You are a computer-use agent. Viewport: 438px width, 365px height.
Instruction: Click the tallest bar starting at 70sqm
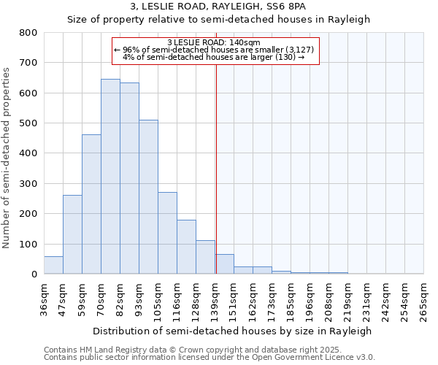pyautogui.click(x=110, y=177)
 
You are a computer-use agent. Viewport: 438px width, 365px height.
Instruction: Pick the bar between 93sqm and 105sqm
pyautogui.click(x=148, y=197)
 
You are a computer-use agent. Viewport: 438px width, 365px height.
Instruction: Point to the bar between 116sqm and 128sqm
pyautogui.click(x=186, y=247)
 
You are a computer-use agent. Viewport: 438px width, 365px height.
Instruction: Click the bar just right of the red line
pyautogui.click(x=224, y=264)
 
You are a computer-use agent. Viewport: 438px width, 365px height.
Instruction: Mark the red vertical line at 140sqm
pyautogui.click(x=216, y=168)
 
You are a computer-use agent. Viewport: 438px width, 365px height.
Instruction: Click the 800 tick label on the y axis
pyautogui.click(x=28, y=33)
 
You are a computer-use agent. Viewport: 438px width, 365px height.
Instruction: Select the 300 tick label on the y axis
pyautogui.click(x=28, y=184)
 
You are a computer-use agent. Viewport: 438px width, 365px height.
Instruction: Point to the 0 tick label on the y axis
pyautogui.click(x=34, y=274)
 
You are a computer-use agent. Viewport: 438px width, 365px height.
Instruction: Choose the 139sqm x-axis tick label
pyautogui.click(x=215, y=299)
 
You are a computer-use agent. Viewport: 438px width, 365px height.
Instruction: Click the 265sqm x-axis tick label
pyautogui.click(x=423, y=299)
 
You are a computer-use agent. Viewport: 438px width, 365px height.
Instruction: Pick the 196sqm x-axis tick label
pyautogui.click(x=310, y=299)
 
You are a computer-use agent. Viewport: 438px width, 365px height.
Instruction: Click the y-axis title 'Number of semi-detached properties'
pyautogui.click(x=7, y=157)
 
